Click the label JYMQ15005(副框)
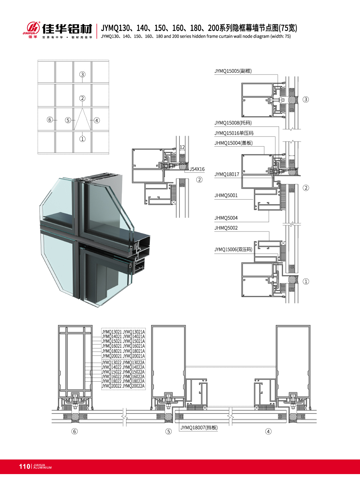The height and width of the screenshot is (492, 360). pyautogui.click(x=233, y=71)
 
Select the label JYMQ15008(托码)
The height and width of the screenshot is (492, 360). pyautogui.click(x=233, y=123)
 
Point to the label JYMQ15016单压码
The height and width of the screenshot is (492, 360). pyautogui.click(x=234, y=133)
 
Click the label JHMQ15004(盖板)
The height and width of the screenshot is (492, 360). pyautogui.click(x=234, y=143)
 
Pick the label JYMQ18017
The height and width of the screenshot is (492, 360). pyautogui.click(x=227, y=175)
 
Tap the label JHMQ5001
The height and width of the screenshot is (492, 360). pyautogui.click(x=226, y=196)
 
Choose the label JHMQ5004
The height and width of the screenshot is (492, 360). pyautogui.click(x=226, y=218)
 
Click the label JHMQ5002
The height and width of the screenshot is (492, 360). pyautogui.click(x=226, y=228)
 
